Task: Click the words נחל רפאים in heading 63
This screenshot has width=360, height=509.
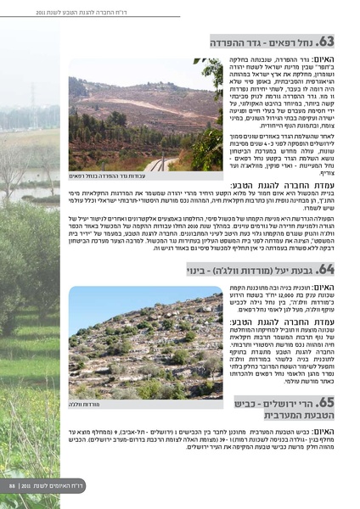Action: tap(291, 42)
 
